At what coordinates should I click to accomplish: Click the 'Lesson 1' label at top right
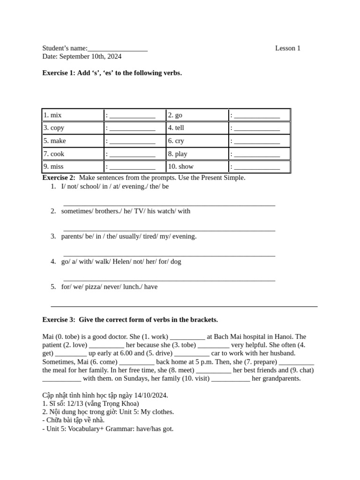tap(287, 48)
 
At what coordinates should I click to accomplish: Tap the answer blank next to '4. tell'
tap(257, 128)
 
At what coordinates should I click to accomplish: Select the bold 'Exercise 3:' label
tap(59, 320)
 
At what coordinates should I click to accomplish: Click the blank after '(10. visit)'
tap(231, 379)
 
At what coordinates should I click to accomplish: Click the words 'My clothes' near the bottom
tap(157, 412)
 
